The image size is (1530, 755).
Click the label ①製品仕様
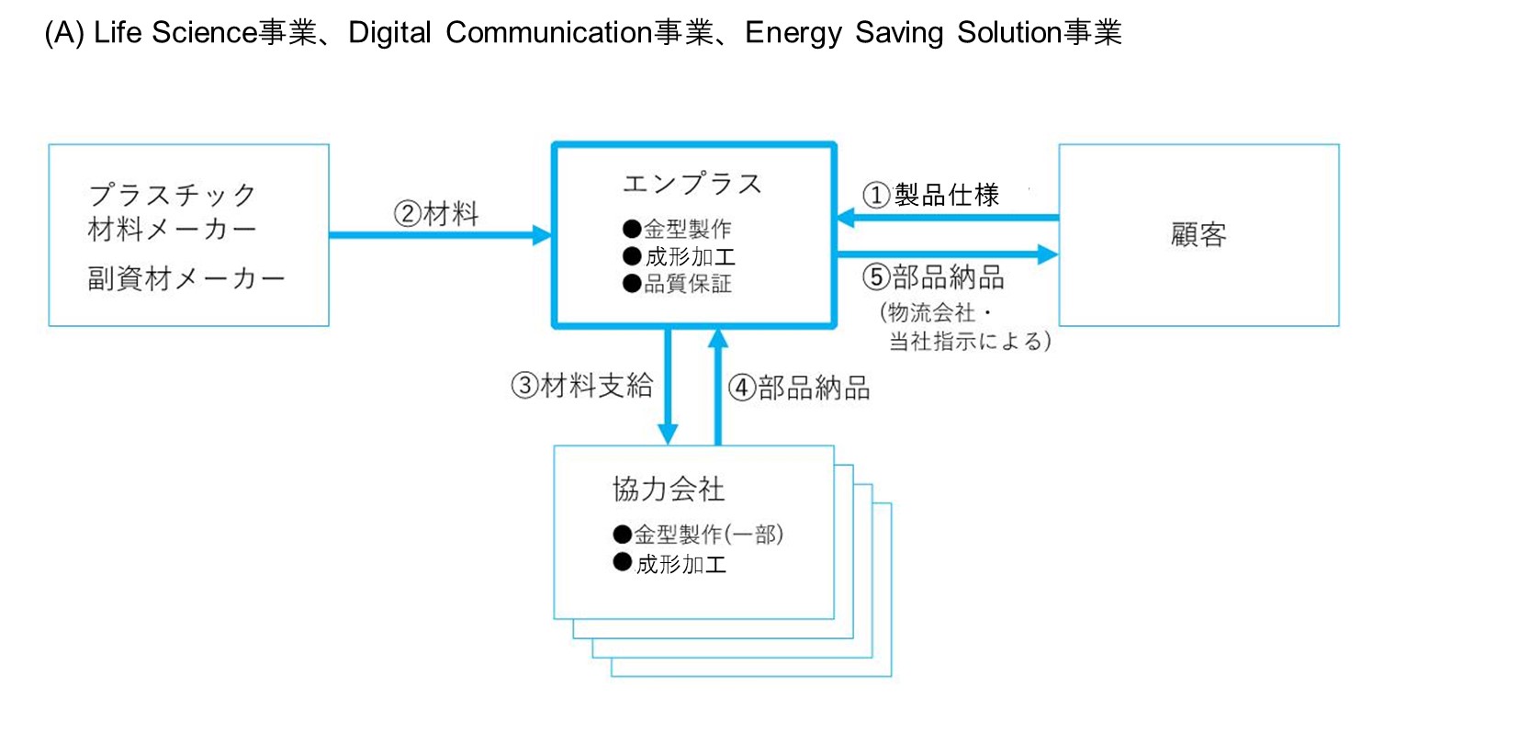pyautogui.click(x=930, y=195)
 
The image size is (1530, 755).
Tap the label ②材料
pyautogui.click(x=436, y=214)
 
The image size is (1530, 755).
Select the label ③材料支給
pyautogui.click(x=581, y=386)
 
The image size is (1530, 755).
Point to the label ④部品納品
pyautogui.click(x=799, y=388)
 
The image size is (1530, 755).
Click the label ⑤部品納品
pyautogui.click(x=933, y=277)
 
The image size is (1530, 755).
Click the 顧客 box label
pyautogui.click(x=1198, y=235)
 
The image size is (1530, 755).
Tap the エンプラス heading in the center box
pyautogui.click(x=692, y=184)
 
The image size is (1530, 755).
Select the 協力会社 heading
pyautogui.click(x=669, y=489)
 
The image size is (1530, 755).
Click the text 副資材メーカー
pyautogui.click(x=186, y=278)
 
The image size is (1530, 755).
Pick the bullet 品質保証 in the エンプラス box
pyautogui.click(x=687, y=284)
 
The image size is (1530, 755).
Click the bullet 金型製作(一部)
pyautogui.click(x=708, y=534)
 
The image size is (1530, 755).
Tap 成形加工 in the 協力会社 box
pyautogui.click(x=681, y=564)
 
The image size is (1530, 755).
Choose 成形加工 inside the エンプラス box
pyautogui.click(x=690, y=256)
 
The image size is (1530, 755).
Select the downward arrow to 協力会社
pyautogui.click(x=668, y=386)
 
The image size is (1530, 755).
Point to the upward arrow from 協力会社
pyautogui.click(x=718, y=386)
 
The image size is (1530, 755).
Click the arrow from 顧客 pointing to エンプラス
pyautogui.click(x=946, y=218)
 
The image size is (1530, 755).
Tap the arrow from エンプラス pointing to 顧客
pyautogui.click(x=946, y=254)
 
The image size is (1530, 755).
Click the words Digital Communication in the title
pyautogui.click(x=501, y=33)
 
